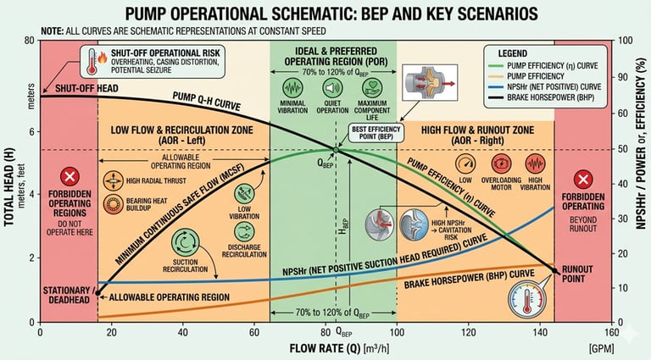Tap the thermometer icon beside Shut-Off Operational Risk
[91, 61]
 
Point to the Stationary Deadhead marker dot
[97, 293]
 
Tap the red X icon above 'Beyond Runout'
[582, 179]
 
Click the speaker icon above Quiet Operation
[333, 87]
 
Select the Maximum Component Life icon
[374, 87]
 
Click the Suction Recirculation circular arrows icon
[185, 242]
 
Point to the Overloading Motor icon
[500, 163]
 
